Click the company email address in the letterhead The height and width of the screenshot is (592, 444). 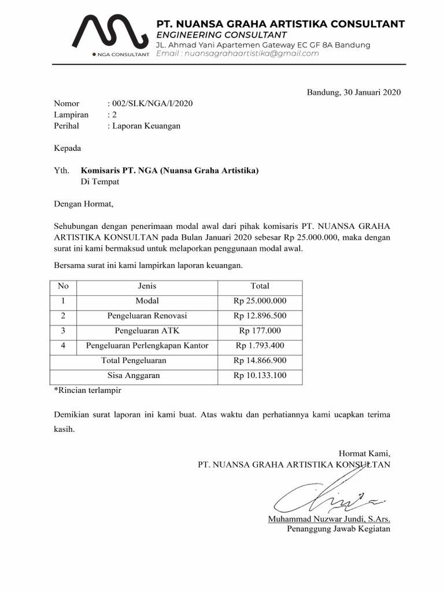tap(238, 54)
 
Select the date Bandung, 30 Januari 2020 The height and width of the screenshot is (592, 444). tap(354, 92)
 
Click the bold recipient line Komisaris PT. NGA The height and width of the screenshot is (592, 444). tap(170, 171)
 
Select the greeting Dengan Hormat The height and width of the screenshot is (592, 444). tap(84, 203)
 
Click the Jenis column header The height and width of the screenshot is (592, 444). tap(147, 286)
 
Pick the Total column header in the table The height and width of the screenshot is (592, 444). tap(260, 286)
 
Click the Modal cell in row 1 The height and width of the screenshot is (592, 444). tap(147, 301)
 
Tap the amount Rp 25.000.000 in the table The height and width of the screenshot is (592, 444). tap(260, 301)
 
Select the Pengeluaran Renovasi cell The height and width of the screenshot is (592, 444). tap(147, 316)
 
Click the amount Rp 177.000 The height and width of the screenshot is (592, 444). tap(260, 331)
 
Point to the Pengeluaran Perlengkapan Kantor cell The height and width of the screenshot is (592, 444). tap(147, 346)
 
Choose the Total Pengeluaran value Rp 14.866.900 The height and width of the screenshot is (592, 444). tap(260, 361)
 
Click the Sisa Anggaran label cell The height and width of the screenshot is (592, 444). tap(134, 376)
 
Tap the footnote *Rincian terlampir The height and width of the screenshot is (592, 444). tap(87, 390)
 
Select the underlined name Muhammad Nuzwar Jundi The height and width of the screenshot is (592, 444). tap(329, 519)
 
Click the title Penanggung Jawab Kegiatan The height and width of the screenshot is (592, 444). tap(339, 529)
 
